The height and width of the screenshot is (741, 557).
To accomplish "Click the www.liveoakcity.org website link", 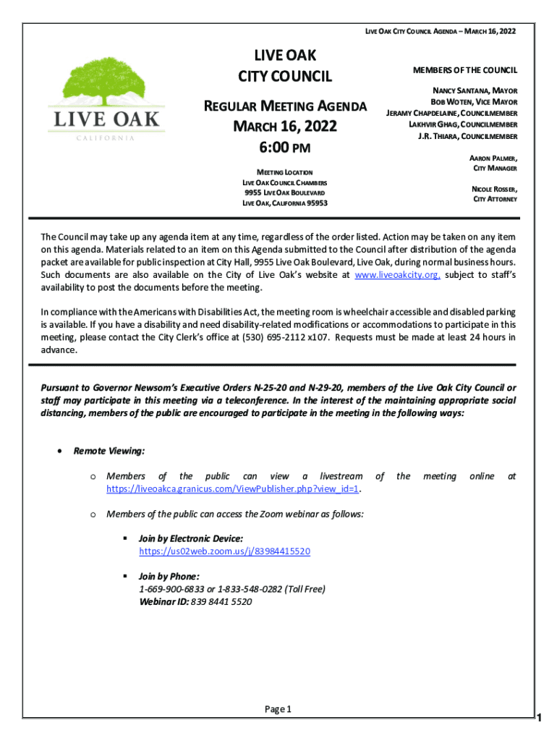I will coord(396,275).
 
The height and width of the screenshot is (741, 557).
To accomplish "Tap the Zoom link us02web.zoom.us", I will coord(224,551).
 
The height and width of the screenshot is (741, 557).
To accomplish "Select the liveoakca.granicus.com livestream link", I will coord(233,489).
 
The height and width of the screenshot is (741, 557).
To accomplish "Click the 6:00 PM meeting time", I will coord(284,148).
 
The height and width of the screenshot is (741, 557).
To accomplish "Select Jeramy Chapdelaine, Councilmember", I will coord(451,113).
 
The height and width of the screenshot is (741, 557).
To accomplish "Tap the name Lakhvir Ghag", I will coord(434,124).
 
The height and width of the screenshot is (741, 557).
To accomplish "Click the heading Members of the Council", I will coord(464,70).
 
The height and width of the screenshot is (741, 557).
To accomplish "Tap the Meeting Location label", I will coord(285,172).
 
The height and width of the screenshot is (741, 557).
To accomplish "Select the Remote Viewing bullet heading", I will coord(109,451).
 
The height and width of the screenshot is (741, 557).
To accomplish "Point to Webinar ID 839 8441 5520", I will coord(195,601).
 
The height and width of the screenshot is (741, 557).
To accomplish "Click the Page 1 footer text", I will coord(278,709).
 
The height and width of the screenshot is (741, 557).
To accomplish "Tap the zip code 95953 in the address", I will coord(317,203).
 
